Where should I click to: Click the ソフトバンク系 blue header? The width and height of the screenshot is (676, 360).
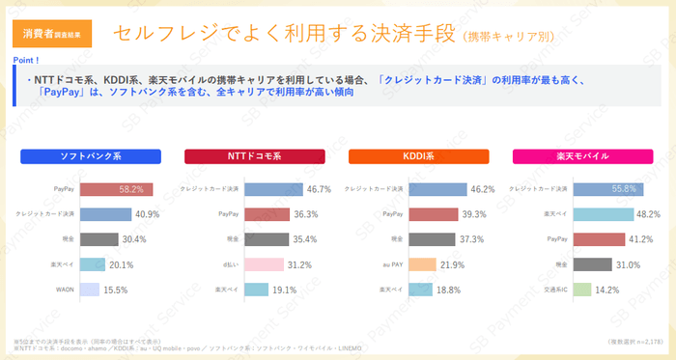(90, 156)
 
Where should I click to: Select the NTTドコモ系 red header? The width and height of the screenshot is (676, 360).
(254, 156)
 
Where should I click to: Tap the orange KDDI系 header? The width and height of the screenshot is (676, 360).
(418, 156)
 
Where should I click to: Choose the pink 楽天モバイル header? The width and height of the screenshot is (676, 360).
(582, 156)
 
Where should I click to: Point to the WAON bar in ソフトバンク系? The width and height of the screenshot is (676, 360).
(89, 289)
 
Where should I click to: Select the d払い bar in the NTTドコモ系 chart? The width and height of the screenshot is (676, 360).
(264, 263)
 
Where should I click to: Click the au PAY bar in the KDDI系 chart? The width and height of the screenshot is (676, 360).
(423, 263)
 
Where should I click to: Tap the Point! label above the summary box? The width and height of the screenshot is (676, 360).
(26, 61)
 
